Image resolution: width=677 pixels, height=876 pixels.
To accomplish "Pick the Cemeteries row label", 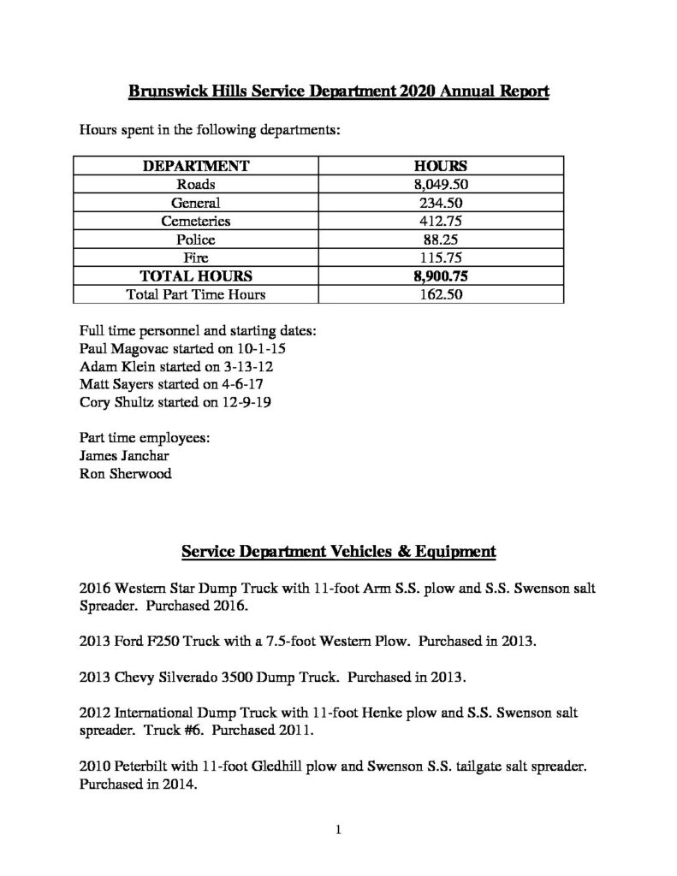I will [195, 222].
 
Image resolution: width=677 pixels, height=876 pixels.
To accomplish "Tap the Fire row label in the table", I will [195, 258].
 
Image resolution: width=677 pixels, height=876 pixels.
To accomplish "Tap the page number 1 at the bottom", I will [339, 829].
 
